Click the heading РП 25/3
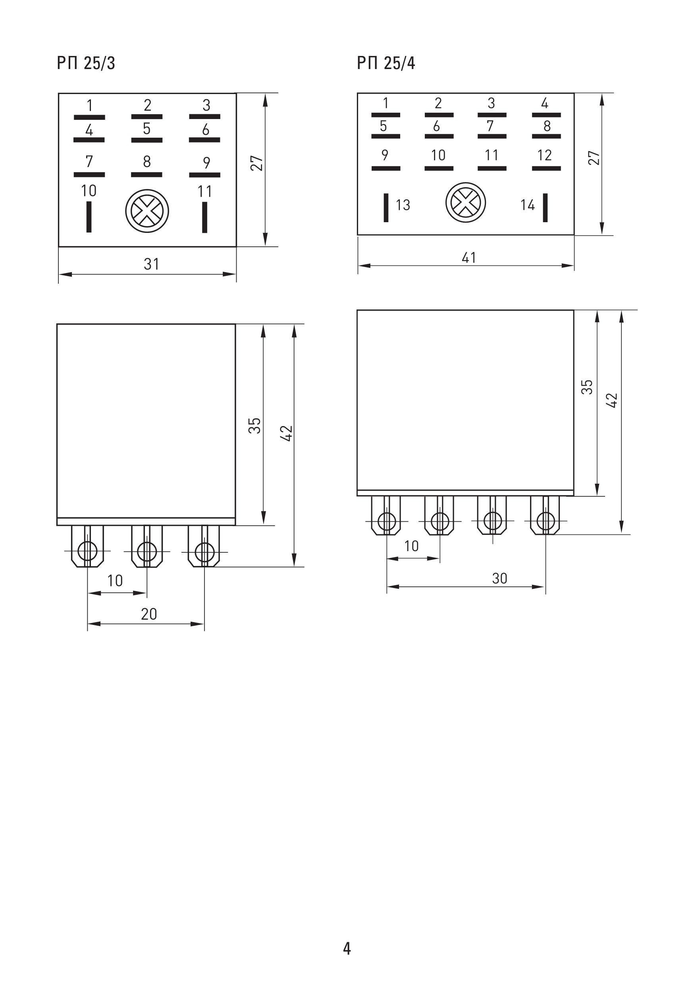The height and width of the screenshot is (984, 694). (86, 63)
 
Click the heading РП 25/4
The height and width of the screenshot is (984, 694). (386, 63)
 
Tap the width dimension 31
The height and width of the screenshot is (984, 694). (151, 264)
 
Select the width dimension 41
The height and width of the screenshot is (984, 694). (469, 257)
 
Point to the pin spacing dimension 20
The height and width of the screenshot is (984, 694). (149, 614)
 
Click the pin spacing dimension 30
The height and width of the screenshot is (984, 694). (500, 578)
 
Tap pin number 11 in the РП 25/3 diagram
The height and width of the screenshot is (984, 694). (204, 191)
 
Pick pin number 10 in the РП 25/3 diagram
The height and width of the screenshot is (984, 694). (89, 191)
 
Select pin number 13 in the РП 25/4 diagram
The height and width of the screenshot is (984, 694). (403, 205)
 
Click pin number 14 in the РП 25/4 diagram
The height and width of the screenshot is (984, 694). (528, 205)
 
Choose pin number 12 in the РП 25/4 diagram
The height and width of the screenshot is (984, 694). (544, 155)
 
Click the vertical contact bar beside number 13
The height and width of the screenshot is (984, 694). (386, 208)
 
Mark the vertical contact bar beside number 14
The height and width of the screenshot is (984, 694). (545, 208)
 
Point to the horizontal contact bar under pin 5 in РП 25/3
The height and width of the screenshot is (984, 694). (147, 140)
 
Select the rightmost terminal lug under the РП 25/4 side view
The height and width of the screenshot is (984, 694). (545, 516)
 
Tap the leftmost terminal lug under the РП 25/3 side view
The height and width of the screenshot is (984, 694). (87, 547)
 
